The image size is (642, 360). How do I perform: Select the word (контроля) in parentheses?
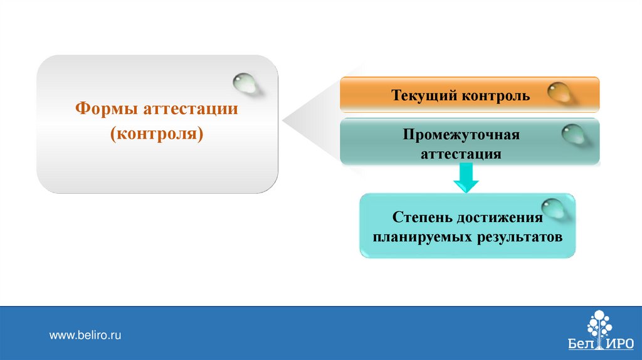157,134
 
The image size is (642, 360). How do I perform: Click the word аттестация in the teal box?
461,154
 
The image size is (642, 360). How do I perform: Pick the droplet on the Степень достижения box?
551,209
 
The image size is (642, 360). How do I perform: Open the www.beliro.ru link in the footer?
85,336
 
